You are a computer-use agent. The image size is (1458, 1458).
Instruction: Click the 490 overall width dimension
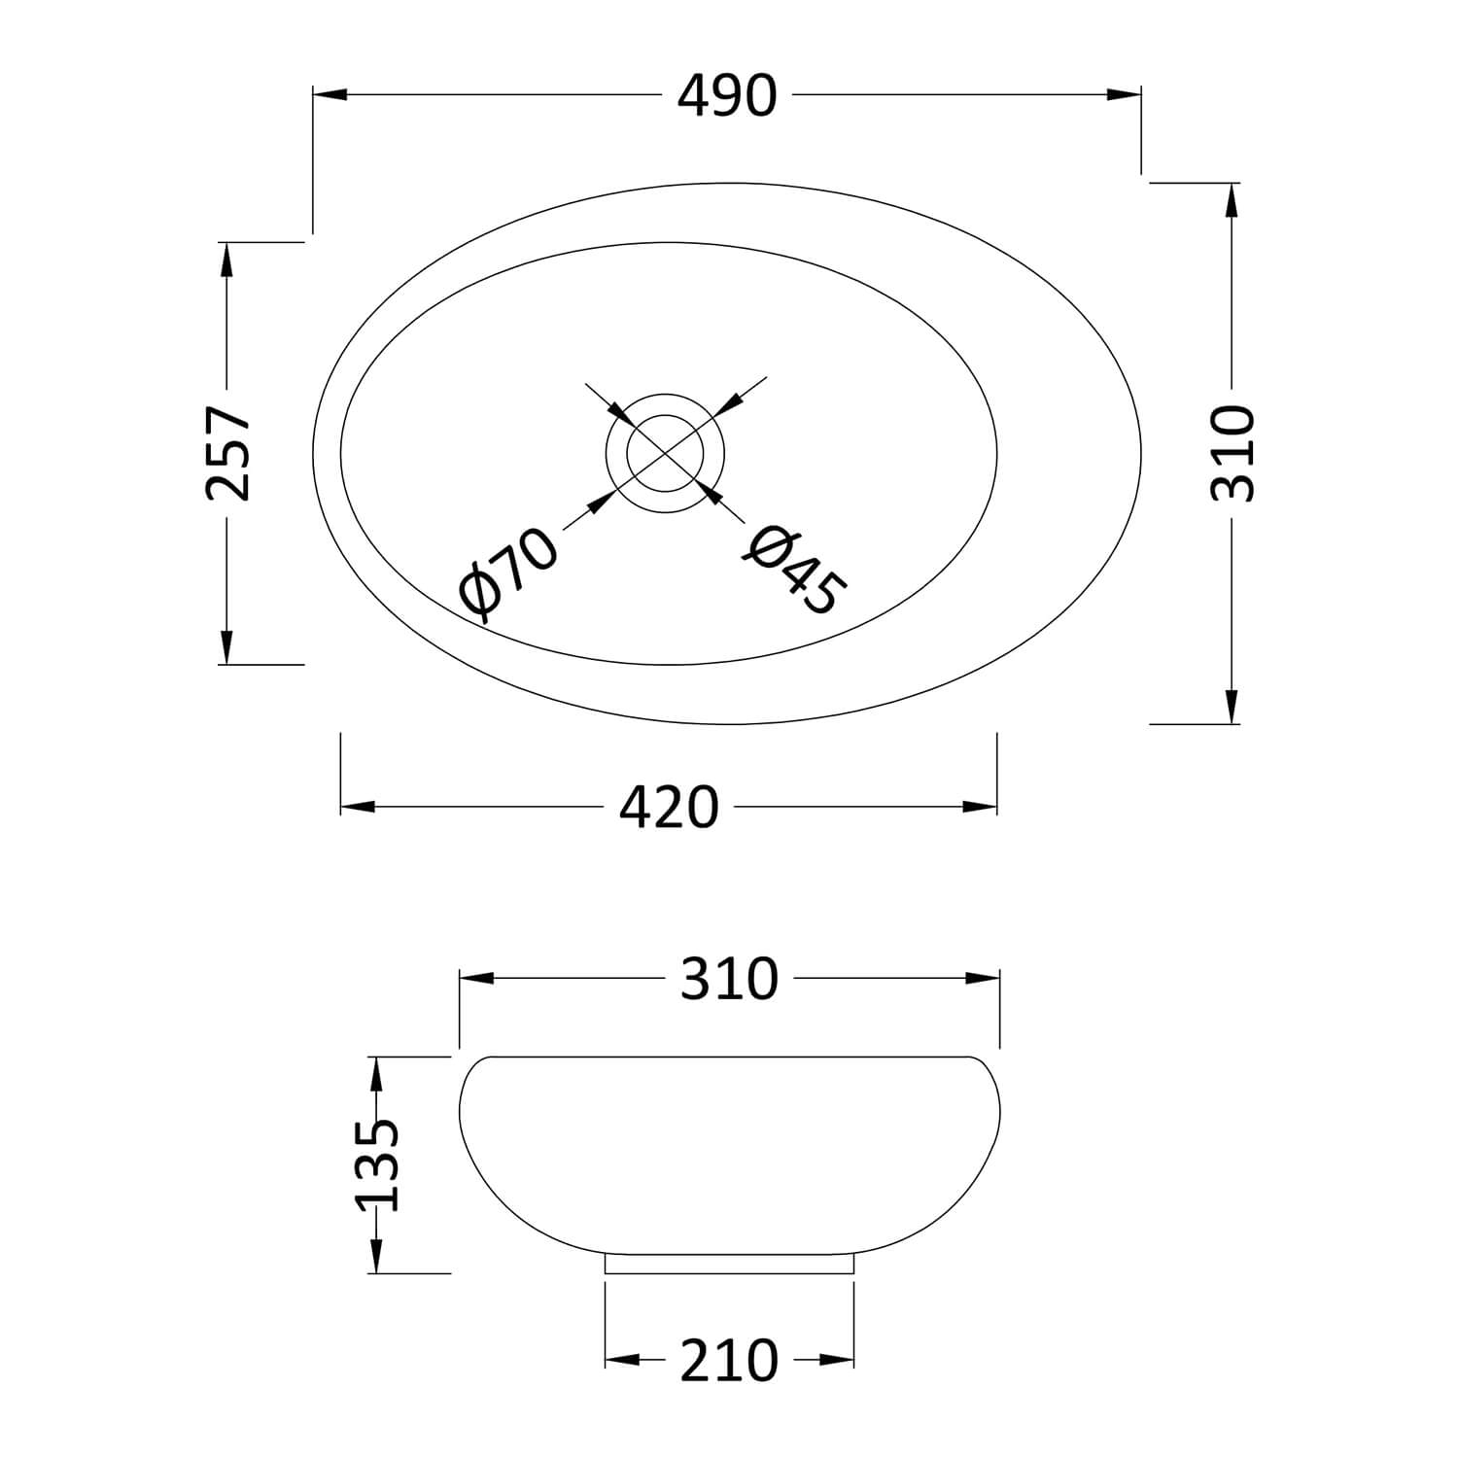click(x=728, y=96)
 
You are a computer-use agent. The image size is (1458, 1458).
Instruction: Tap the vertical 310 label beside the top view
click(x=1232, y=453)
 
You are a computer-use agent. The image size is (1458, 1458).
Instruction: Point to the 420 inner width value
click(x=670, y=807)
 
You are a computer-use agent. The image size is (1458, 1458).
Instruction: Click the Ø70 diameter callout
click(x=509, y=574)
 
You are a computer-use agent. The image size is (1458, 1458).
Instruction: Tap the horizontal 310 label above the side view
click(x=729, y=979)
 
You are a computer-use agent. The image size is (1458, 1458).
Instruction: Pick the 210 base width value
click(x=729, y=1360)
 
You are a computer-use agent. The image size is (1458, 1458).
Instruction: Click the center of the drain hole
click(x=666, y=453)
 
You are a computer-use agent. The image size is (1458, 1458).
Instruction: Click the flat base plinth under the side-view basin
click(x=729, y=1264)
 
